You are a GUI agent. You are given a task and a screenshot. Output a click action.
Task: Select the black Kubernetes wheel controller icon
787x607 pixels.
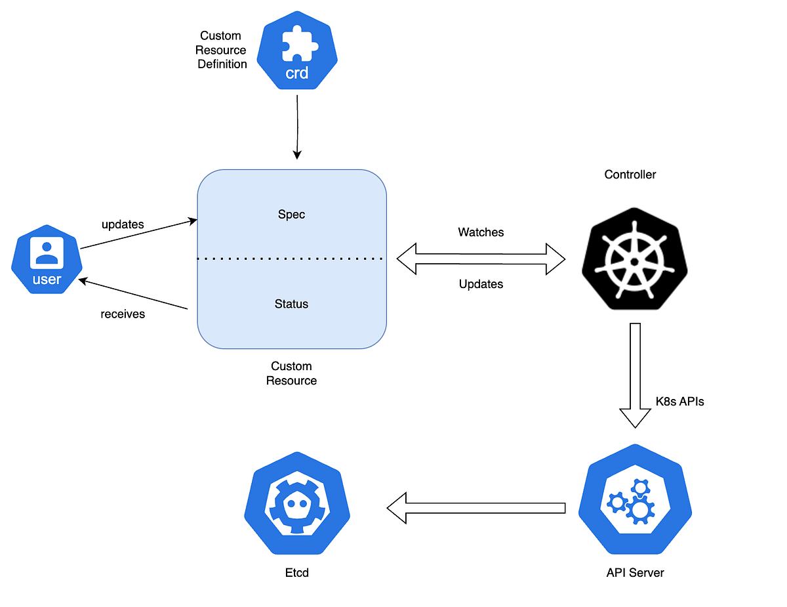pos(634,259)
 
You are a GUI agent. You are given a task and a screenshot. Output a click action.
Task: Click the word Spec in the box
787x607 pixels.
pos(291,215)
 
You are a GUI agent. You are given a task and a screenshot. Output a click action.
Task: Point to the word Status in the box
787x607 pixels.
pos(291,304)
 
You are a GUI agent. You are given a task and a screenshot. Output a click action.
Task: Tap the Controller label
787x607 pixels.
pos(630,175)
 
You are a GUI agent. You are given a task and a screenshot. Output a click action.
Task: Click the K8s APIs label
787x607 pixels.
pos(679,402)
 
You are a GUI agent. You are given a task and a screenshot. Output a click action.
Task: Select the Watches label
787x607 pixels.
pos(481,232)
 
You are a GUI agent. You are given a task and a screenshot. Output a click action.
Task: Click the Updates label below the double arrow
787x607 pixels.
pos(481,284)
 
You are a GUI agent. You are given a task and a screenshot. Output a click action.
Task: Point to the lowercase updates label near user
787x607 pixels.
pos(123,224)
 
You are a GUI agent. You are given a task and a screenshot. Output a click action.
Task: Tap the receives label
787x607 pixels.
pos(123,314)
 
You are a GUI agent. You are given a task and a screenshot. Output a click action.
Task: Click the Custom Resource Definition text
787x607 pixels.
pos(222,50)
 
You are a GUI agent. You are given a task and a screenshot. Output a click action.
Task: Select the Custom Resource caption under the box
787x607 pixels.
pos(291,373)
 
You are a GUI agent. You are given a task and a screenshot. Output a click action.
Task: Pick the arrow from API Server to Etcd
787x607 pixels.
pos(475,507)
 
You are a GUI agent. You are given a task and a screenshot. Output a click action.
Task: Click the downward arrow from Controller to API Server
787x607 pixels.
pos(634,374)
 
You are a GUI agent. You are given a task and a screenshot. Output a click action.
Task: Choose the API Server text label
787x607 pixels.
pos(635,573)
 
